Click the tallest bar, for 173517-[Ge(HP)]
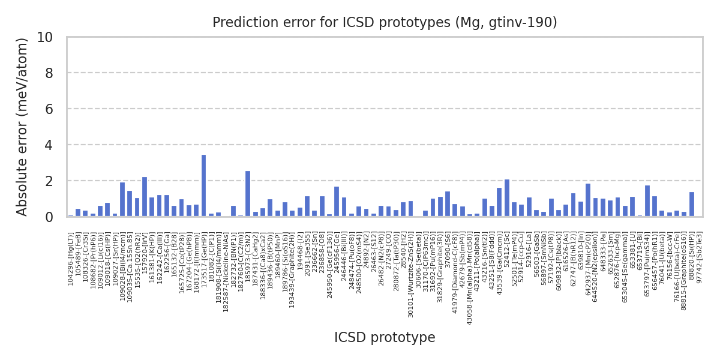[203, 186]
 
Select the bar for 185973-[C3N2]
[248, 194]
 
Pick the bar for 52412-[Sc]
[507, 198]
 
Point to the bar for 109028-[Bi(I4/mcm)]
[122, 199]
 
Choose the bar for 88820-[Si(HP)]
[692, 205]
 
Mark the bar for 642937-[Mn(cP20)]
[588, 200]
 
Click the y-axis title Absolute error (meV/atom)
[23, 127]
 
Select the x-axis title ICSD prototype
[385, 338]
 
